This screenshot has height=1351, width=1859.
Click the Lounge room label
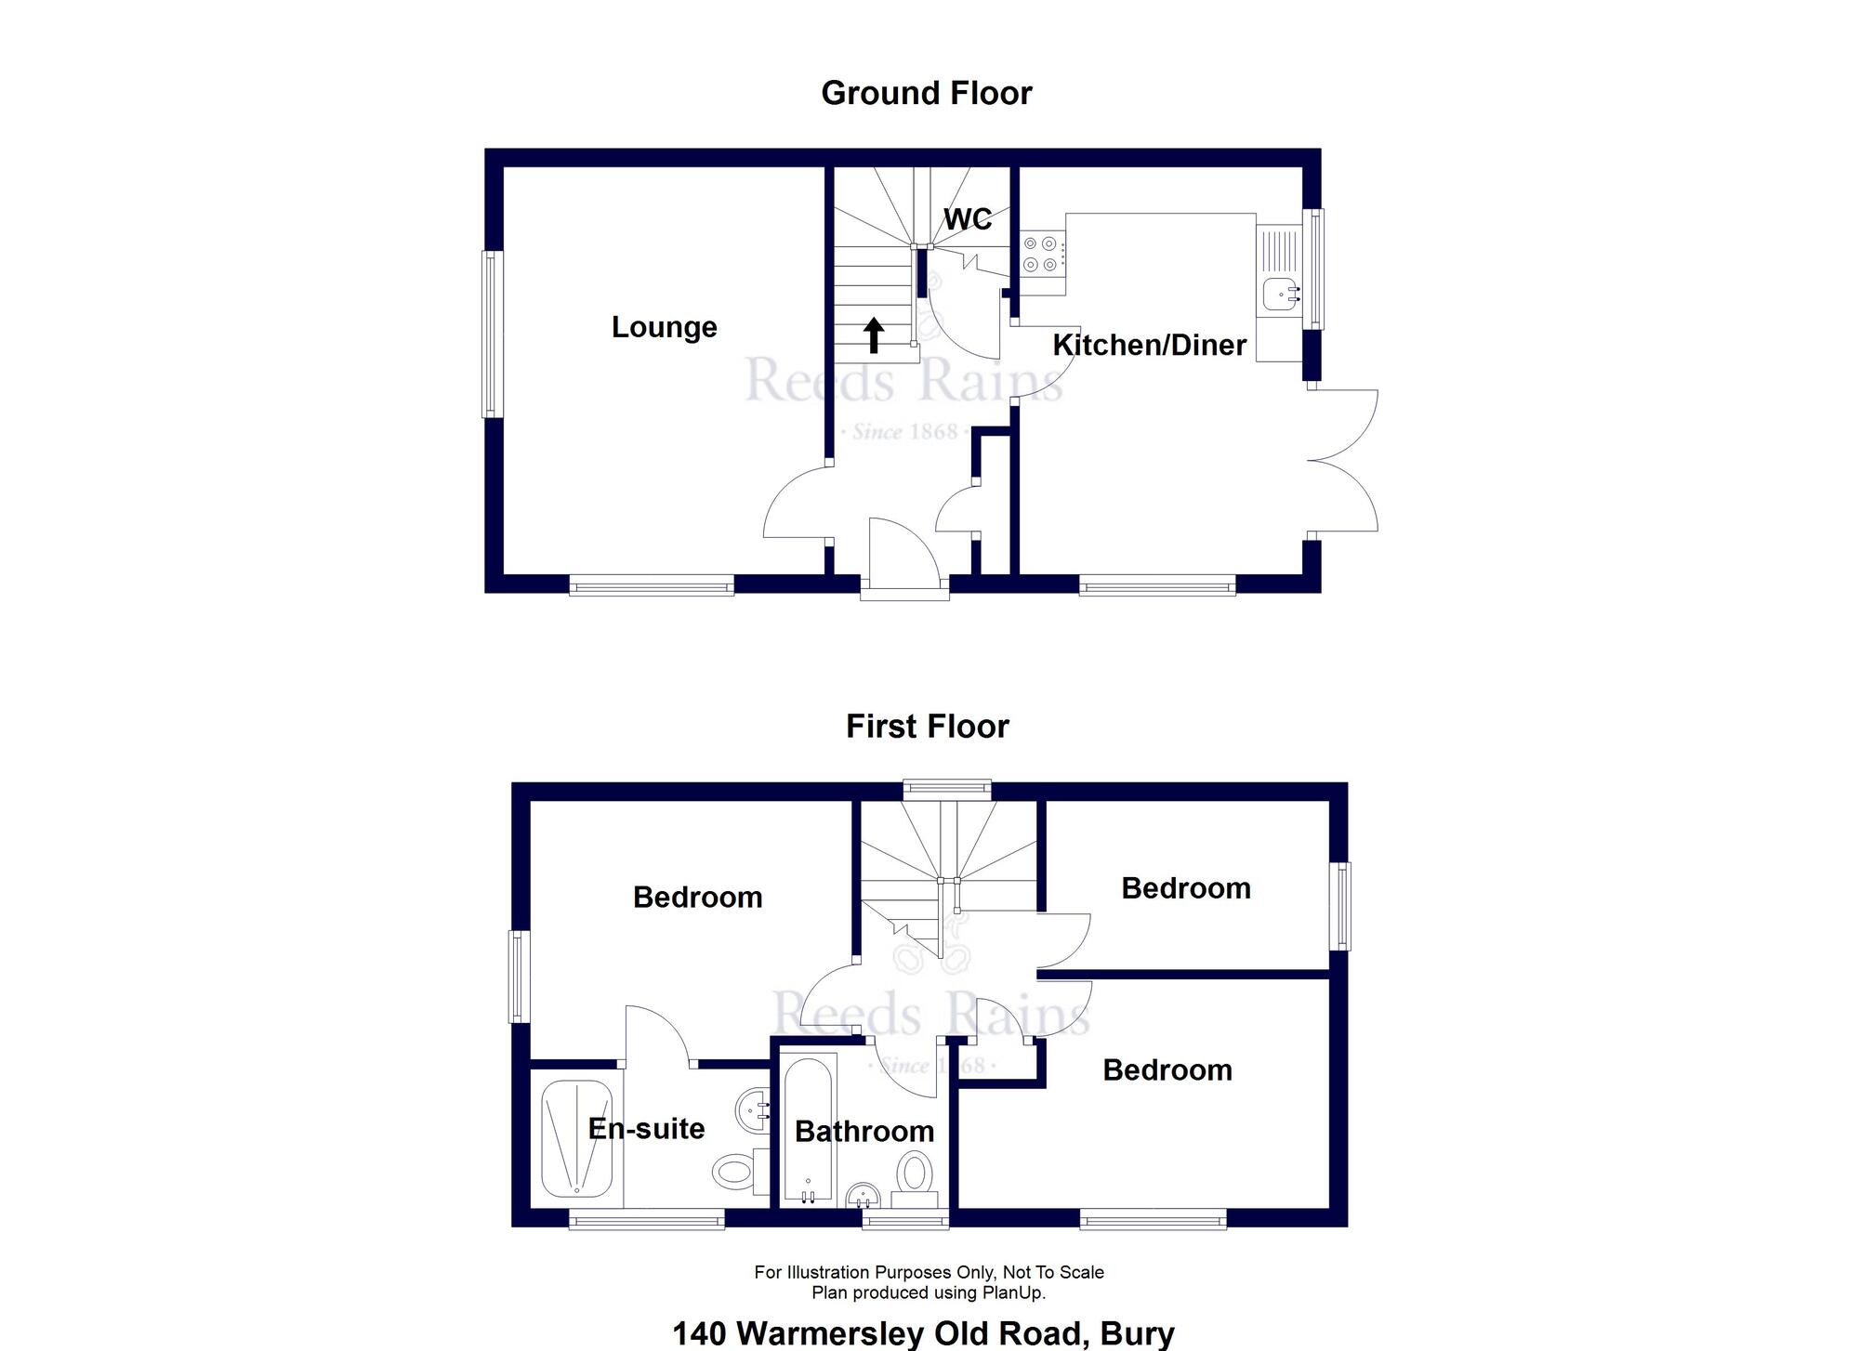(664, 327)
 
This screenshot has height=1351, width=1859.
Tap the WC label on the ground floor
(968, 219)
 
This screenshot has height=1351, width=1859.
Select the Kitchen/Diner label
(1149, 345)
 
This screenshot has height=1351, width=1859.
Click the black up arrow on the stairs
(873, 335)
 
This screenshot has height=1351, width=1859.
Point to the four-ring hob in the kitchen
(1040, 254)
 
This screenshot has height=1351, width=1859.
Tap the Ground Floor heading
(927, 93)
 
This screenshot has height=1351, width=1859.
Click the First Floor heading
(927, 726)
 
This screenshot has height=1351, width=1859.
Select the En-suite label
(646, 1128)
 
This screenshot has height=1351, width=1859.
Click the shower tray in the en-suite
(576, 1138)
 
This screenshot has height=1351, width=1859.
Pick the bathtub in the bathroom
(811, 1129)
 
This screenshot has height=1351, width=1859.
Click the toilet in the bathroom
(916, 1173)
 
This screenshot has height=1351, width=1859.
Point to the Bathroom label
(864, 1131)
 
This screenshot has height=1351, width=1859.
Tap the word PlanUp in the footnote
(1016, 1292)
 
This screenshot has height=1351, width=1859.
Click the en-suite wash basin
(754, 1109)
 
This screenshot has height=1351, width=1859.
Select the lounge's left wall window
(491, 334)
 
